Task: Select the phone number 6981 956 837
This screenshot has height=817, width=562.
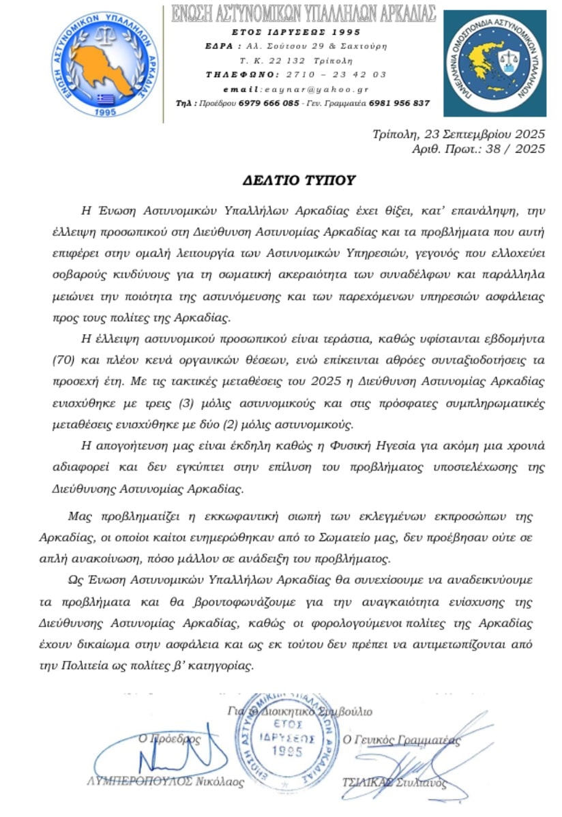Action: [x=400, y=103]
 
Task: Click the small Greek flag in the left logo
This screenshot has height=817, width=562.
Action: [x=104, y=98]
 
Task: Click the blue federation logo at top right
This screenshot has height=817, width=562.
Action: [x=499, y=63]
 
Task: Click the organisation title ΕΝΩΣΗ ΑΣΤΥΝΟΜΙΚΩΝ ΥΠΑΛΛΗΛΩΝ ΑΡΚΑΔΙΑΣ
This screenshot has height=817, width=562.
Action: [x=304, y=14]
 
